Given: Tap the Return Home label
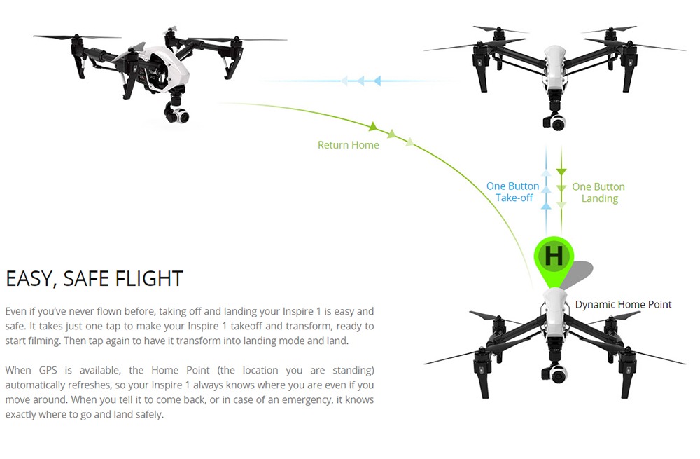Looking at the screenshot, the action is [x=348, y=145].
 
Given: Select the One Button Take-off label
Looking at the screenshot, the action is [x=513, y=192].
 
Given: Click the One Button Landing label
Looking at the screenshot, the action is [x=598, y=192].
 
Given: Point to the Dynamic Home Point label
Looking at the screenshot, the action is [x=623, y=304].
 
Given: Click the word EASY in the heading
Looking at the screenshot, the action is [x=30, y=279].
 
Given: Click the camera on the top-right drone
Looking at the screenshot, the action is [x=555, y=121].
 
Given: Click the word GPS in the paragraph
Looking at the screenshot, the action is [x=48, y=370].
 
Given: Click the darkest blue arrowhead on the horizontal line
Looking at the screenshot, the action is [x=378, y=81].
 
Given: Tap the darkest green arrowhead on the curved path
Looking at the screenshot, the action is [x=373, y=126].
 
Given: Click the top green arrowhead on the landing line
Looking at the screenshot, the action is [x=561, y=172].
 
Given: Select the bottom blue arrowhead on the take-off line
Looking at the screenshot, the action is [x=545, y=205].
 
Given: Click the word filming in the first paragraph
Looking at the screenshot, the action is [x=43, y=341].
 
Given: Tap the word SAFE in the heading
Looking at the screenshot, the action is [x=85, y=278].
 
